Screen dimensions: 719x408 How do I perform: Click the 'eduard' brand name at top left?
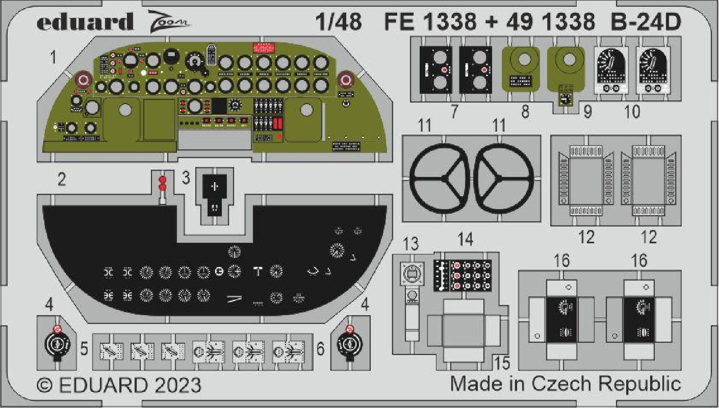tap(85, 22)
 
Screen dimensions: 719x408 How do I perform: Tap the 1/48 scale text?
tap(338, 22)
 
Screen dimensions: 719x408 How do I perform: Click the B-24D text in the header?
tap(646, 22)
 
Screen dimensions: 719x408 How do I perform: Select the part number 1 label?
tap(53, 58)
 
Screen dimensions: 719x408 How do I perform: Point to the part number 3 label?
tap(186, 177)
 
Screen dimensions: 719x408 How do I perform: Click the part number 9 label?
tap(587, 112)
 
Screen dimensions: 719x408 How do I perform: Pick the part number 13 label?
tap(411, 244)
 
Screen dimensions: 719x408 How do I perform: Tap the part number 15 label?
tap(502, 363)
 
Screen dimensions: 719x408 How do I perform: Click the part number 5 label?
tap(84, 349)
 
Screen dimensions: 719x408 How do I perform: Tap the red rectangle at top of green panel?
tap(264, 47)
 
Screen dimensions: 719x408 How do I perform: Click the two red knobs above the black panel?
tap(163, 183)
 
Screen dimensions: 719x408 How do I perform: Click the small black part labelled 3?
tap(215, 195)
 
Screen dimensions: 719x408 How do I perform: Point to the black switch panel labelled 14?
tap(463, 276)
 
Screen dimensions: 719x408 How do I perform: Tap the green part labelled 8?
tap(521, 69)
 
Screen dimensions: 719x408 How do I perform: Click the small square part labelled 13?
tap(412, 273)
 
